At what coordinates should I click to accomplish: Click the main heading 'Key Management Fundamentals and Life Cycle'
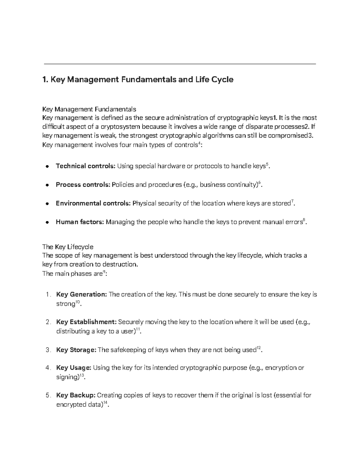click(x=138, y=80)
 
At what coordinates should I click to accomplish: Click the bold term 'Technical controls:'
click(x=85, y=166)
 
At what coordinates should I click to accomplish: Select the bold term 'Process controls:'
click(x=83, y=185)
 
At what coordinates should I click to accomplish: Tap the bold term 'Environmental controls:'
click(x=93, y=203)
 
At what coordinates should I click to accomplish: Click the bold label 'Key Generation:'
click(x=81, y=294)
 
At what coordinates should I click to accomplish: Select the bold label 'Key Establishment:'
click(x=86, y=322)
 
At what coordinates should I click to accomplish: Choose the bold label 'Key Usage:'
click(x=74, y=368)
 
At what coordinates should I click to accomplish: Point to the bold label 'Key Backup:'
click(x=76, y=395)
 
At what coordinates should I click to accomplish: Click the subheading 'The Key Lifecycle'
click(x=68, y=247)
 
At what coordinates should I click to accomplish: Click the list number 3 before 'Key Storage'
click(x=48, y=350)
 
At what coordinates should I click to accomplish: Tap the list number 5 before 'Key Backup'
click(x=48, y=395)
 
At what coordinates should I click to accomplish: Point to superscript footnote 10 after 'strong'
click(x=77, y=302)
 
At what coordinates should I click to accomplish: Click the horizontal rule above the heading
click(x=180, y=64)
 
